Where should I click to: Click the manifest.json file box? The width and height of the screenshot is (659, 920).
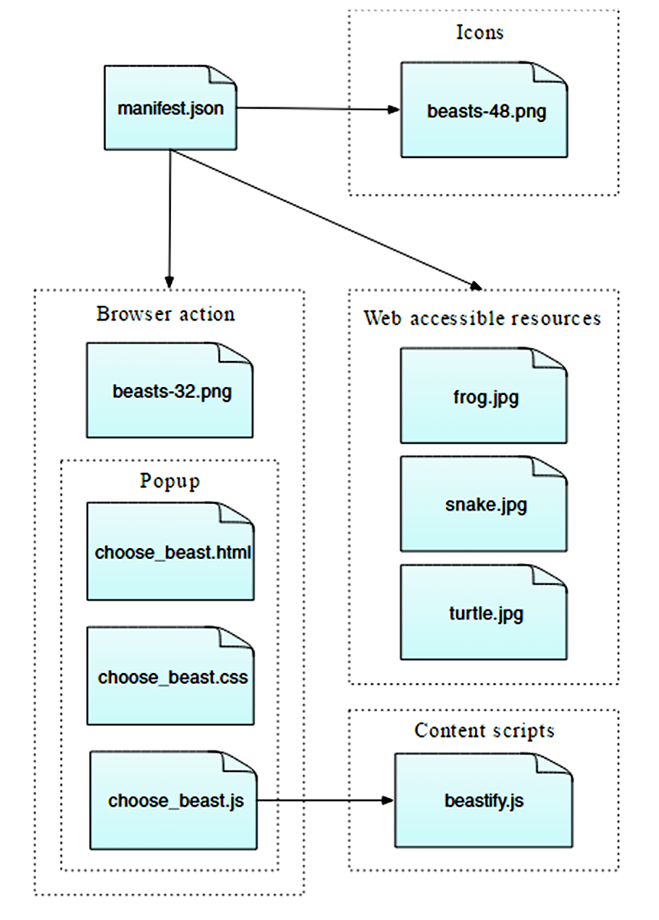click(170, 108)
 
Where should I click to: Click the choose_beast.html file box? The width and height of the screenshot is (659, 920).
click(170, 552)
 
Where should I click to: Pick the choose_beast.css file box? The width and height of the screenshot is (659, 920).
click(170, 677)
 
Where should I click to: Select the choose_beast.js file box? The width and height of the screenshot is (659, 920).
click(173, 801)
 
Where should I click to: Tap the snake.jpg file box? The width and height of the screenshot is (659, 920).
click(484, 504)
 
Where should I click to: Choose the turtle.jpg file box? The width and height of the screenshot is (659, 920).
click(484, 613)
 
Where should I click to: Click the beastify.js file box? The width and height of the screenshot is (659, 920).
click(484, 801)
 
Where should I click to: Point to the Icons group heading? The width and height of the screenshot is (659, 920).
click(480, 32)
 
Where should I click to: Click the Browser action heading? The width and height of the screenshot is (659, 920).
click(166, 314)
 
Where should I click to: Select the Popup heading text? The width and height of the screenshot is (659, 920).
click(169, 481)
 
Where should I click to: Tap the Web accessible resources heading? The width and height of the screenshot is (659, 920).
click(482, 318)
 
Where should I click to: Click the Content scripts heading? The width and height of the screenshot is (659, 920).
click(484, 731)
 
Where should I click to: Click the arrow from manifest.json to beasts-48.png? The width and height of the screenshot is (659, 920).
click(318, 109)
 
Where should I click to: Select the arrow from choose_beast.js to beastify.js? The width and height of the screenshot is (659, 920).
click(326, 801)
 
